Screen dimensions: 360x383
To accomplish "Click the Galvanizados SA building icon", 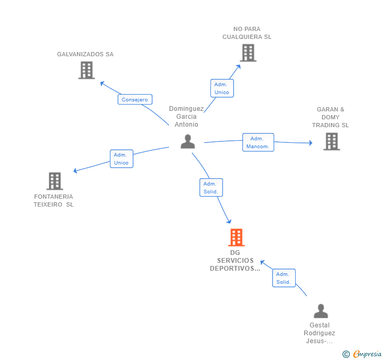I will click(86, 70).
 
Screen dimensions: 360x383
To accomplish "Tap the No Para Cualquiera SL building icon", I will click(248, 53).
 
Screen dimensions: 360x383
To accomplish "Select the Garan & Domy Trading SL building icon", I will click(331, 141).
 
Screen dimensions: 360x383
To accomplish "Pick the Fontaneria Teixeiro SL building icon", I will click(54, 181).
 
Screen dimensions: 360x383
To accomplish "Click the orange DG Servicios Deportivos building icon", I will click(236, 238).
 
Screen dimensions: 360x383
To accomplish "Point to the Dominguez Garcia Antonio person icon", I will click(188, 141).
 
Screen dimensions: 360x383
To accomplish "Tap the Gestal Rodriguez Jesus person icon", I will click(320, 311).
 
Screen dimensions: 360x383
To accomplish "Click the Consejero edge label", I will click(135, 99).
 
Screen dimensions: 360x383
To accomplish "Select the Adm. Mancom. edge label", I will click(258, 142).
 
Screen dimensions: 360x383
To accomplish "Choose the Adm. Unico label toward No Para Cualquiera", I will click(221, 88).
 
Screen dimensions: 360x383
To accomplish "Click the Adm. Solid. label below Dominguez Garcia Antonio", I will click(211, 188).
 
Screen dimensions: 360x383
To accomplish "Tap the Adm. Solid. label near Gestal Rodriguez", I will click(284, 278).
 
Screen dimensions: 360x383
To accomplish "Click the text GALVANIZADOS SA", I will click(85, 54).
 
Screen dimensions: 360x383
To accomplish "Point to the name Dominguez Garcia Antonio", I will click(186, 117).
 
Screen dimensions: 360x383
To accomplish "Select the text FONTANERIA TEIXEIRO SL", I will click(54, 201).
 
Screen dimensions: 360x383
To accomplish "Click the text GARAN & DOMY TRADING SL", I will click(330, 117).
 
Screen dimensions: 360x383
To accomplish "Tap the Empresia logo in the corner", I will click(362, 354).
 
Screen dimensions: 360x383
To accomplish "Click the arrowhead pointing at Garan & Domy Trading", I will click(310, 143).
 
